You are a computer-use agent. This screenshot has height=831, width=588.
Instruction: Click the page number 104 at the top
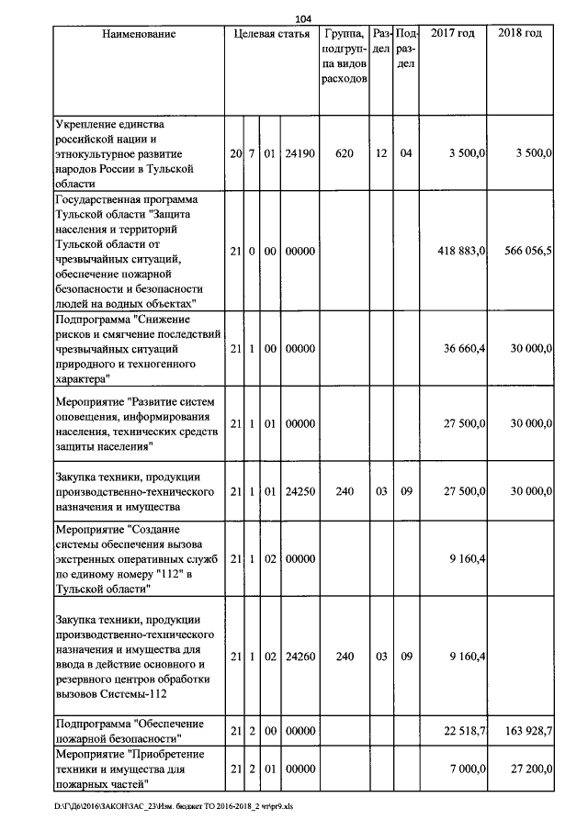[x=304, y=18]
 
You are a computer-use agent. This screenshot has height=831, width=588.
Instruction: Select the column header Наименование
[x=139, y=34]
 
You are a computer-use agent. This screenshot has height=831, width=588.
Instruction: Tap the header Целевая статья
[x=272, y=34]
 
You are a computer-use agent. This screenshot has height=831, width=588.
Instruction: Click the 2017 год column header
[x=452, y=34]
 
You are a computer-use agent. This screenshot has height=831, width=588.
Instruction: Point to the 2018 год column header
[x=520, y=34]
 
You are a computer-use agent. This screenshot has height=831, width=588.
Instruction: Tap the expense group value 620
[x=345, y=153]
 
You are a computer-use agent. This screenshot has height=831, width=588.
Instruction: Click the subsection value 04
[x=406, y=153]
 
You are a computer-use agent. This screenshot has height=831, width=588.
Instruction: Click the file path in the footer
[x=174, y=807]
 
